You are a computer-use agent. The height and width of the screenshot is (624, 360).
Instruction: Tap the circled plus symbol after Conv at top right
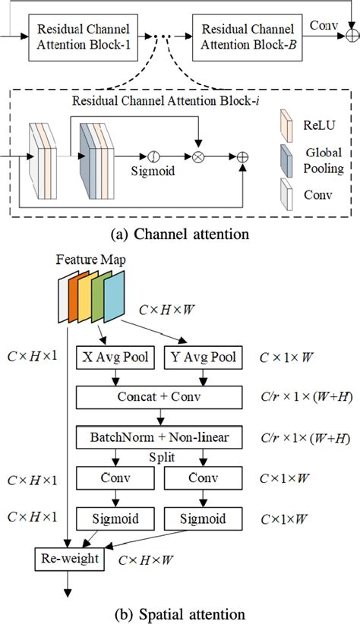pos(351,35)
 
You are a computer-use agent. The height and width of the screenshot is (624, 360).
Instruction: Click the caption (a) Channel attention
pos(179,235)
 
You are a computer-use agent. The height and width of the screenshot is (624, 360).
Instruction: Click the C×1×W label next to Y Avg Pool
pos(287,355)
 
